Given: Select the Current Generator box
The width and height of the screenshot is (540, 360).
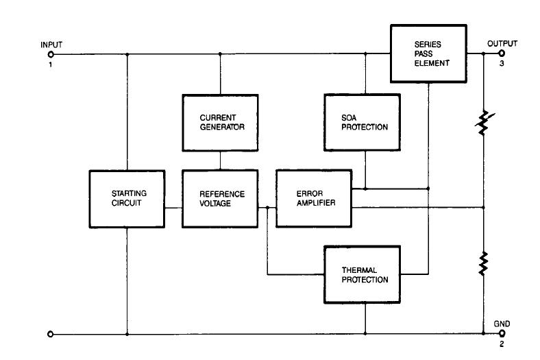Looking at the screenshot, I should (x=219, y=122).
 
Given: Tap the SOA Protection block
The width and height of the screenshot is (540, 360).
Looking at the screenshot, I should (x=365, y=122).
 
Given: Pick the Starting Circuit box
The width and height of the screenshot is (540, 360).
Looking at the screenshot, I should (x=127, y=199).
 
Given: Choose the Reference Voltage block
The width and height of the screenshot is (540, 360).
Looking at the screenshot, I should (x=219, y=199).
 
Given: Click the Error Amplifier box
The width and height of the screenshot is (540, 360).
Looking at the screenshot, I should (x=312, y=199).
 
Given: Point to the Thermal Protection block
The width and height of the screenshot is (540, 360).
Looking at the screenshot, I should (x=365, y=274).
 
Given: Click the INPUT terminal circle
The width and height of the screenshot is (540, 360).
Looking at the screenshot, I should (x=50, y=53).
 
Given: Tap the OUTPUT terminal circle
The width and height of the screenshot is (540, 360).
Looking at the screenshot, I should (x=501, y=53).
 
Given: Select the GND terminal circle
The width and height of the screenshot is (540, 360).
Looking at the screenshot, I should (x=501, y=334).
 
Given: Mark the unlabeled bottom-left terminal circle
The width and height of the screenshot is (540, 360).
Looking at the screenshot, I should (x=50, y=334).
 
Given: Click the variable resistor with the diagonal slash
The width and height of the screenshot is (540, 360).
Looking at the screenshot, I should (x=484, y=122).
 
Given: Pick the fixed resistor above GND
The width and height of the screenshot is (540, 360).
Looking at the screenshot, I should (x=484, y=263).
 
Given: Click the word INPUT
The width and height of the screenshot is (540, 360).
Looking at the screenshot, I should (x=51, y=45).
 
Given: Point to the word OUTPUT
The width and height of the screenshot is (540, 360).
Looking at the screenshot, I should (x=502, y=44).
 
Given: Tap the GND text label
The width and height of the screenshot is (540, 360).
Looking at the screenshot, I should (x=502, y=323).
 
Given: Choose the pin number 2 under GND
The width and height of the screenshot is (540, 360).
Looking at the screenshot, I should (x=501, y=344).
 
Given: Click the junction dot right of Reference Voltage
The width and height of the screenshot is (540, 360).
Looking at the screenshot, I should (x=267, y=206).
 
